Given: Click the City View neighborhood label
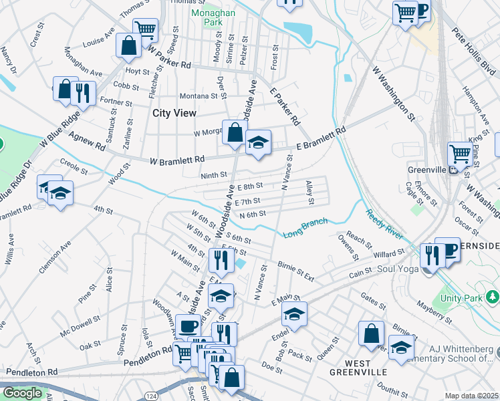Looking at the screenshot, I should click(x=174, y=114).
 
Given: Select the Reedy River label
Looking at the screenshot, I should click(x=384, y=225).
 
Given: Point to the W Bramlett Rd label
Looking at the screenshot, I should click(x=177, y=160).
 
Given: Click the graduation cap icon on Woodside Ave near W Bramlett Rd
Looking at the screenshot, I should click(x=257, y=142).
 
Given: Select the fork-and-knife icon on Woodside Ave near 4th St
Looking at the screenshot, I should click(x=219, y=259).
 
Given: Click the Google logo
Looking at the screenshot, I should click(x=22, y=393).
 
